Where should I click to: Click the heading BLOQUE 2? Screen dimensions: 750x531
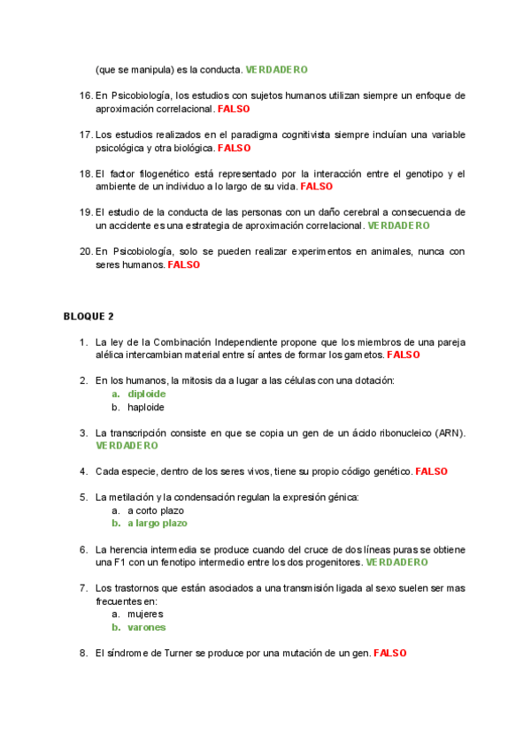[x=88, y=317]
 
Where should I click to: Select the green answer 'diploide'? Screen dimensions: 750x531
[x=146, y=394]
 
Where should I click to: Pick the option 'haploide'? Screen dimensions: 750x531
[x=146, y=408]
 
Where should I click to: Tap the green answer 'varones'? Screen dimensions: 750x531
[x=146, y=627]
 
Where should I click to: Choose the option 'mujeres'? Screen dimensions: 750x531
[x=145, y=613]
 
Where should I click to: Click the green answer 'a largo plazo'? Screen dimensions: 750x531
[x=158, y=524]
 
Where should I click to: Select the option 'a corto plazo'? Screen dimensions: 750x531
[x=156, y=510]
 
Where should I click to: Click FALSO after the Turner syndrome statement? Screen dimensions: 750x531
[x=389, y=653]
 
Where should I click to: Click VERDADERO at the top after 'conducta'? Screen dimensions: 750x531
[x=276, y=69]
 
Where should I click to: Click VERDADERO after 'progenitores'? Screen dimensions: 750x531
[x=396, y=562]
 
